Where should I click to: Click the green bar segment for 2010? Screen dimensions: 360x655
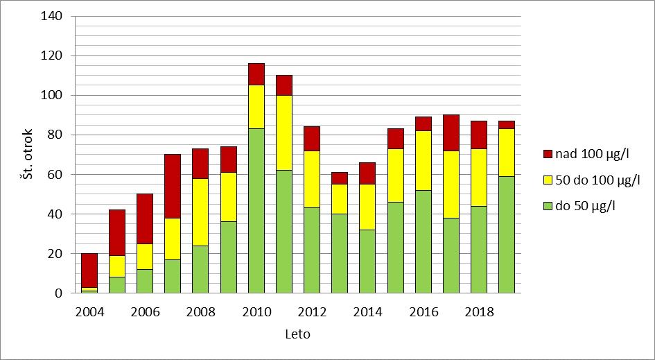[256, 211]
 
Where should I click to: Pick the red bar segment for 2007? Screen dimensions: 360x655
[173, 186]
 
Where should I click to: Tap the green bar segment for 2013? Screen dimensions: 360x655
[340, 254]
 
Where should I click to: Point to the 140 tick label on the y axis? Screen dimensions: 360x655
[53, 16]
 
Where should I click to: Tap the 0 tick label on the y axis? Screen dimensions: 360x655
[59, 293]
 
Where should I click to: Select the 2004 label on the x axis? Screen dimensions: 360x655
[89, 312]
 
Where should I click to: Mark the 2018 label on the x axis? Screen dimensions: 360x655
[479, 312]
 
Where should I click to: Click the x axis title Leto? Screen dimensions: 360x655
[297, 334]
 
